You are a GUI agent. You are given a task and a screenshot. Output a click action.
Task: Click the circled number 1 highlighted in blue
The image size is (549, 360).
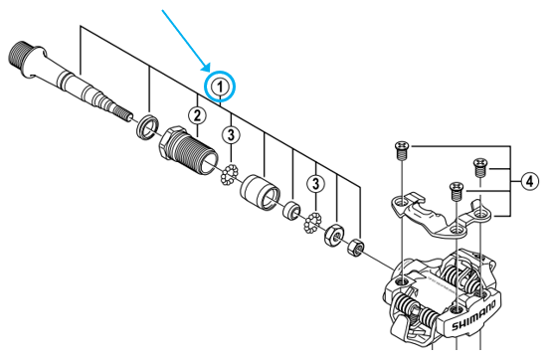tap(220, 88)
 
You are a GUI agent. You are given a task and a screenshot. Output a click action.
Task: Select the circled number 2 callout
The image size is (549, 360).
tap(198, 117)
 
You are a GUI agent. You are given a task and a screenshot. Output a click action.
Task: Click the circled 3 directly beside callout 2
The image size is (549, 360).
tap(230, 134)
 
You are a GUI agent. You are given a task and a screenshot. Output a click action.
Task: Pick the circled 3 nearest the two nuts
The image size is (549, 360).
tap(316, 183)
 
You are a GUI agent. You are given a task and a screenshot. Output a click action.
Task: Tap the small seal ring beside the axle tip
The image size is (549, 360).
tap(145, 124)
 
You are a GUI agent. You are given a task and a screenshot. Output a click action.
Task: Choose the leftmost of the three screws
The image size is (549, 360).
tap(400, 151)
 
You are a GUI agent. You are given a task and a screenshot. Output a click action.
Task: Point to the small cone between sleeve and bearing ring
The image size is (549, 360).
tap(292, 210)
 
